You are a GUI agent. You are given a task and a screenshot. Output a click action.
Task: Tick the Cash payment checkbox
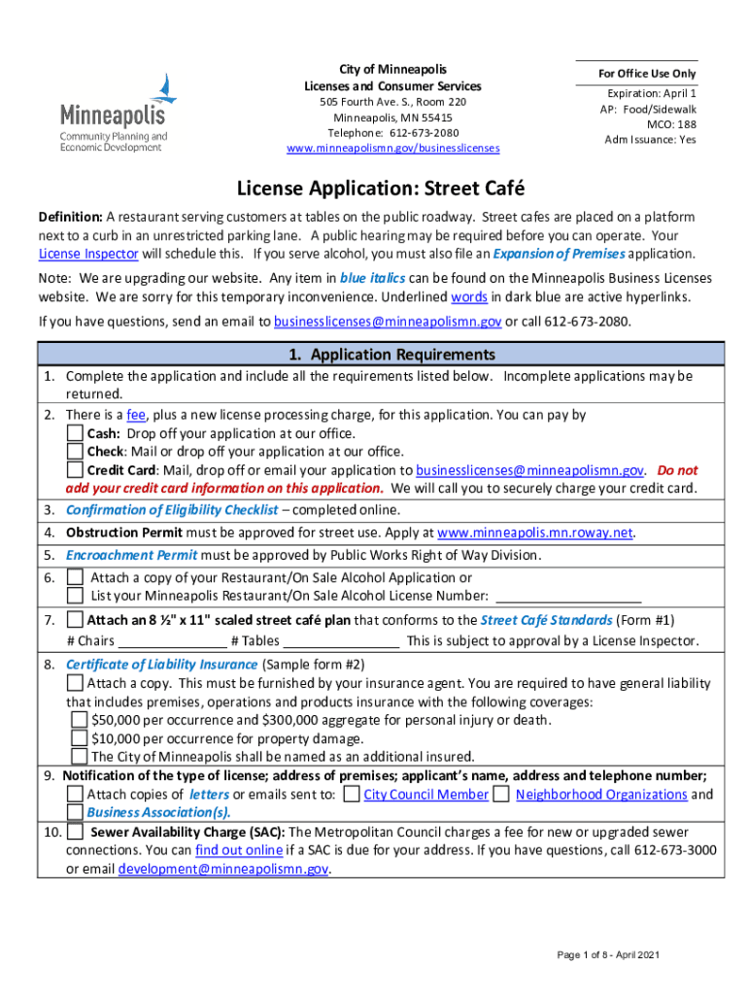click(x=75, y=432)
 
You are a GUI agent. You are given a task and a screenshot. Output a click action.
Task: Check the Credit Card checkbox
click(x=75, y=469)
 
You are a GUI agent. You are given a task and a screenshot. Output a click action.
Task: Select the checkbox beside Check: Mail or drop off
click(x=75, y=451)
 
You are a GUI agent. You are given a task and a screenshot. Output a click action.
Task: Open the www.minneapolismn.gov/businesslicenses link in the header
click(x=392, y=149)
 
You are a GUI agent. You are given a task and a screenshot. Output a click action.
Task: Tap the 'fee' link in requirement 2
click(x=137, y=415)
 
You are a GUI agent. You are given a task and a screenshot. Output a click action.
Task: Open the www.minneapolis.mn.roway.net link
click(x=535, y=532)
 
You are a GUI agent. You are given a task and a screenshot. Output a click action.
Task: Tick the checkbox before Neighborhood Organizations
click(x=501, y=794)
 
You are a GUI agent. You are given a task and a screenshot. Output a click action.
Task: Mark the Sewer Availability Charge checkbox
click(x=75, y=833)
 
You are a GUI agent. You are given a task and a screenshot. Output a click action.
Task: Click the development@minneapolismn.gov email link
click(x=223, y=869)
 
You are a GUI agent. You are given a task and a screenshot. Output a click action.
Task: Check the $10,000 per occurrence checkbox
click(x=81, y=738)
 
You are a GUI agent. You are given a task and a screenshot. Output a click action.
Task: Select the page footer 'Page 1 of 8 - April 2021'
click(x=608, y=955)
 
